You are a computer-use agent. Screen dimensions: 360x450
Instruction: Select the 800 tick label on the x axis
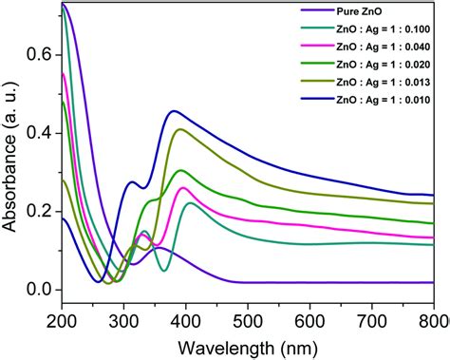coord(432,320)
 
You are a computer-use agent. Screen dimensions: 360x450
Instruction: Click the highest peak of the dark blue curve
coord(173,111)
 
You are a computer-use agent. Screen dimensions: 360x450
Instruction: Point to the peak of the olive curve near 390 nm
coord(178,129)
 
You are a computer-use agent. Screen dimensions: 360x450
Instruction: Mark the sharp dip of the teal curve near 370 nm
coord(164,271)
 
